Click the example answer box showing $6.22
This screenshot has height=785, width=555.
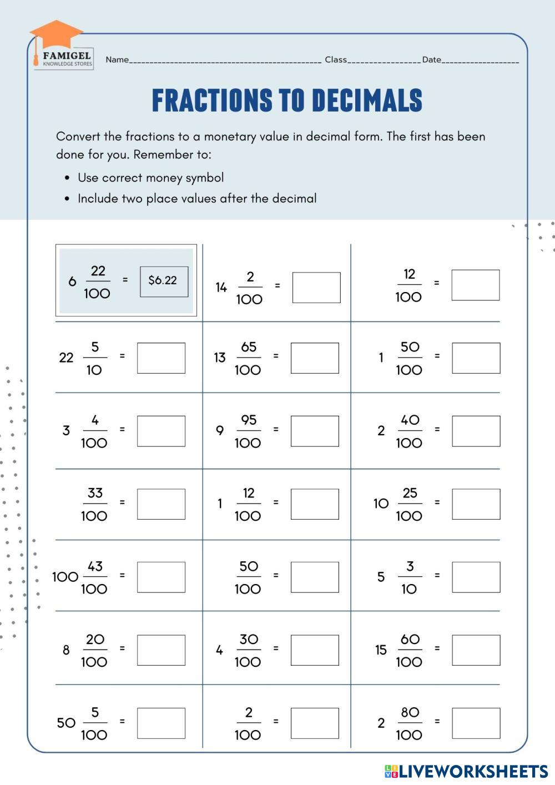[x=164, y=281]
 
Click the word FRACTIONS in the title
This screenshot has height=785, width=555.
[x=212, y=100]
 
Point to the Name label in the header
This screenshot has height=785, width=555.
[x=117, y=60]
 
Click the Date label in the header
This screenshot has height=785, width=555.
[x=431, y=60]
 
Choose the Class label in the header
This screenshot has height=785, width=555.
[x=336, y=60]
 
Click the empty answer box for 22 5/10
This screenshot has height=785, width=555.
[x=161, y=358]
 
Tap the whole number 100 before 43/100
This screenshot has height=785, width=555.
[x=65, y=577]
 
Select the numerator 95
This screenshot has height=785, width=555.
[x=249, y=420]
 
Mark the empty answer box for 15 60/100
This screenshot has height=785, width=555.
[x=476, y=650]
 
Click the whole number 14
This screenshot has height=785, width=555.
[x=221, y=288]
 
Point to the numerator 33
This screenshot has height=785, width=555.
[x=95, y=493]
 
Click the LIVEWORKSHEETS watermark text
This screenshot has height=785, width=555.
[x=473, y=771]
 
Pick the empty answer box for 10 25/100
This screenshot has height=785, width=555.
[x=476, y=504]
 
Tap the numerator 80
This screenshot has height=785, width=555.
[x=410, y=712]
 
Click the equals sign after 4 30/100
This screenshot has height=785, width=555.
[x=275, y=648]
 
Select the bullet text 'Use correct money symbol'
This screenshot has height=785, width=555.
[x=150, y=178]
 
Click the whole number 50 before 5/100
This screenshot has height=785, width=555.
[x=66, y=723]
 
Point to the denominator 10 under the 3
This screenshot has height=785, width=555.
[x=409, y=589]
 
